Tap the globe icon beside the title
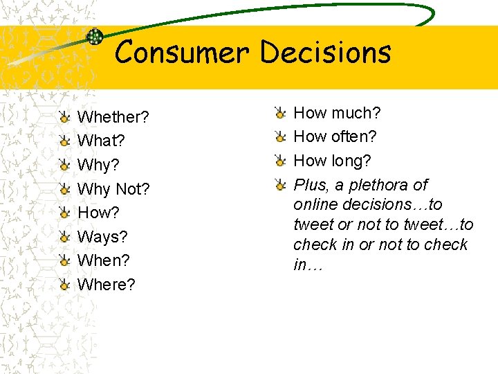(95, 37)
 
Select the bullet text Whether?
(113, 116)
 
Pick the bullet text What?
(101, 141)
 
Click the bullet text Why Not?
(113, 188)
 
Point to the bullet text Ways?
(103, 237)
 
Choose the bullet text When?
(104, 260)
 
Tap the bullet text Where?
(107, 285)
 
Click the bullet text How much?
(338, 112)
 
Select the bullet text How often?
(335, 136)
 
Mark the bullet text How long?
(333, 161)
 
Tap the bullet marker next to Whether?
(64, 116)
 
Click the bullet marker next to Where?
(64, 284)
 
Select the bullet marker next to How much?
(279, 112)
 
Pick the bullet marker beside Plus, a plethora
(279, 185)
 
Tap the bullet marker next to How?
(64, 212)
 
